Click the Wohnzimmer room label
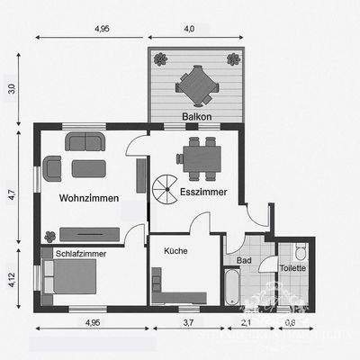click(x=89, y=197)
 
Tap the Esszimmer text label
click(x=202, y=192)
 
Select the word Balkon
click(x=195, y=117)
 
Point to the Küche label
click(x=175, y=251)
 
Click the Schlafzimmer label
click(x=81, y=255)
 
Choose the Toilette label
click(x=292, y=267)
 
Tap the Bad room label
click(x=243, y=260)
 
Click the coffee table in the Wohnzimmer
click(x=88, y=166)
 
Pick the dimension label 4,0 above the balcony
click(x=189, y=29)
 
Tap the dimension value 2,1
click(x=246, y=321)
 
